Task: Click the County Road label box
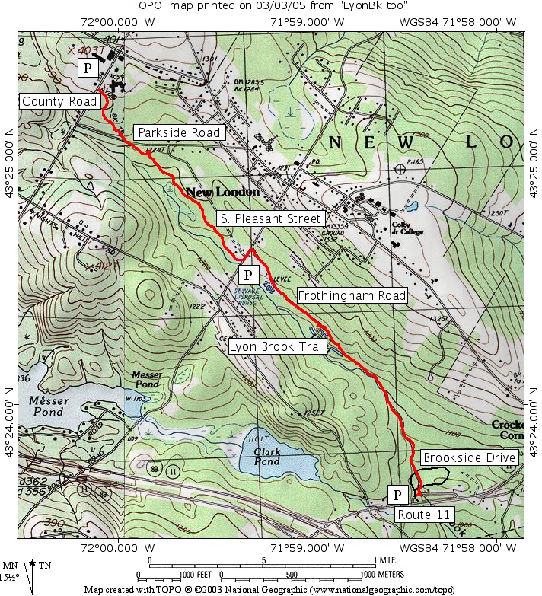(59, 102)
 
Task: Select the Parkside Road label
(179, 132)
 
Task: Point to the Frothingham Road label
(352, 295)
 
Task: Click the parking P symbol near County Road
(88, 68)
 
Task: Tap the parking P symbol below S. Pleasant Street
(248, 274)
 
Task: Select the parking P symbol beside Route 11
(397, 496)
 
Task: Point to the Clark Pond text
(268, 457)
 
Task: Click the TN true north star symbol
(33, 566)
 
